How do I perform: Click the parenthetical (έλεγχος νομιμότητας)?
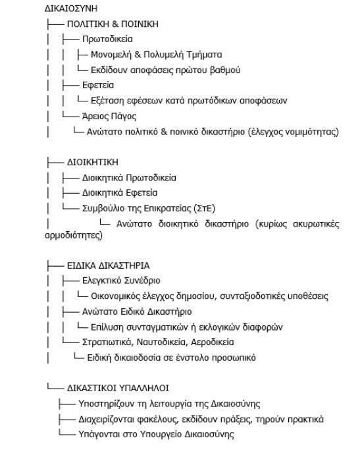[x=290, y=132]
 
